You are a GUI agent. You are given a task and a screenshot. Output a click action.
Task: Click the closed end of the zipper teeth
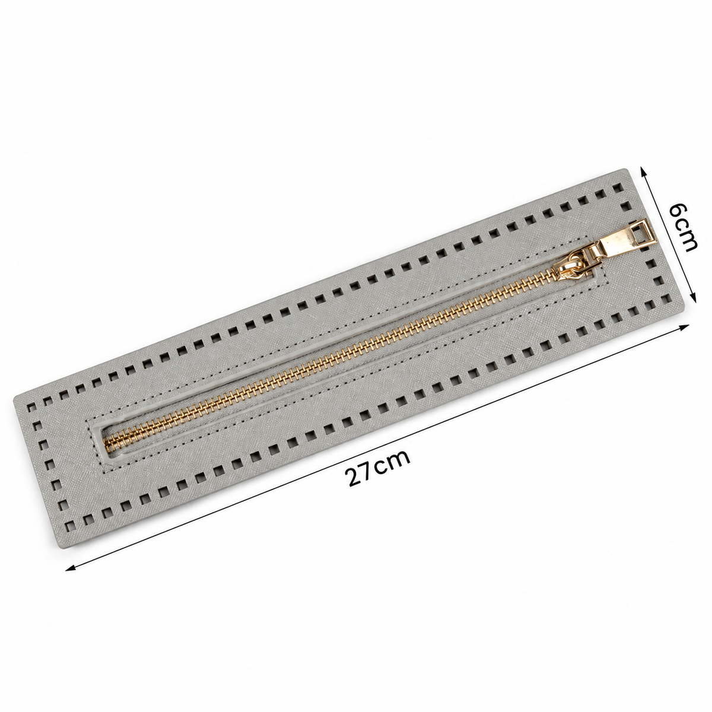109,443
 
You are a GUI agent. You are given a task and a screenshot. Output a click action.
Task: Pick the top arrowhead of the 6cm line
643,173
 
